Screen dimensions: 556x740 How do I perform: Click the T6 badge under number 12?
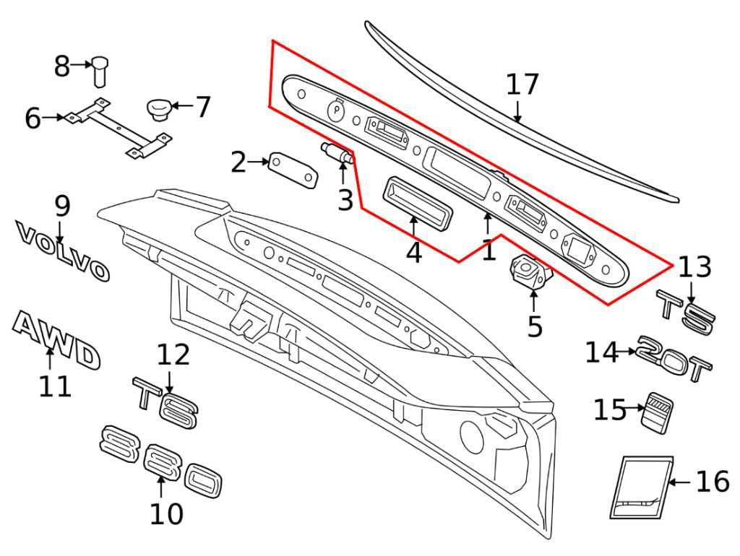tap(165, 401)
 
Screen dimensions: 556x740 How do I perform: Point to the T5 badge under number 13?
tap(685, 313)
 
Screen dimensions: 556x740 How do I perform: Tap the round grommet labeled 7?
tap(158, 109)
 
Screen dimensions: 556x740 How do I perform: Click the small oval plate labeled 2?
tap(293, 170)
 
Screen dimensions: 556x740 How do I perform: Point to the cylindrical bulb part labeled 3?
tap(337, 153)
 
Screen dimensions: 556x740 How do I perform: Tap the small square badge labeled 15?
tap(658, 412)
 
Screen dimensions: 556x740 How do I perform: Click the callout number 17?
tap(522, 85)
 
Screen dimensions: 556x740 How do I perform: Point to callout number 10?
tap(166, 514)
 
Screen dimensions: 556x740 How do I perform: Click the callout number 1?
tap(489, 251)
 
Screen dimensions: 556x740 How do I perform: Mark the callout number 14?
tap(602, 352)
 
